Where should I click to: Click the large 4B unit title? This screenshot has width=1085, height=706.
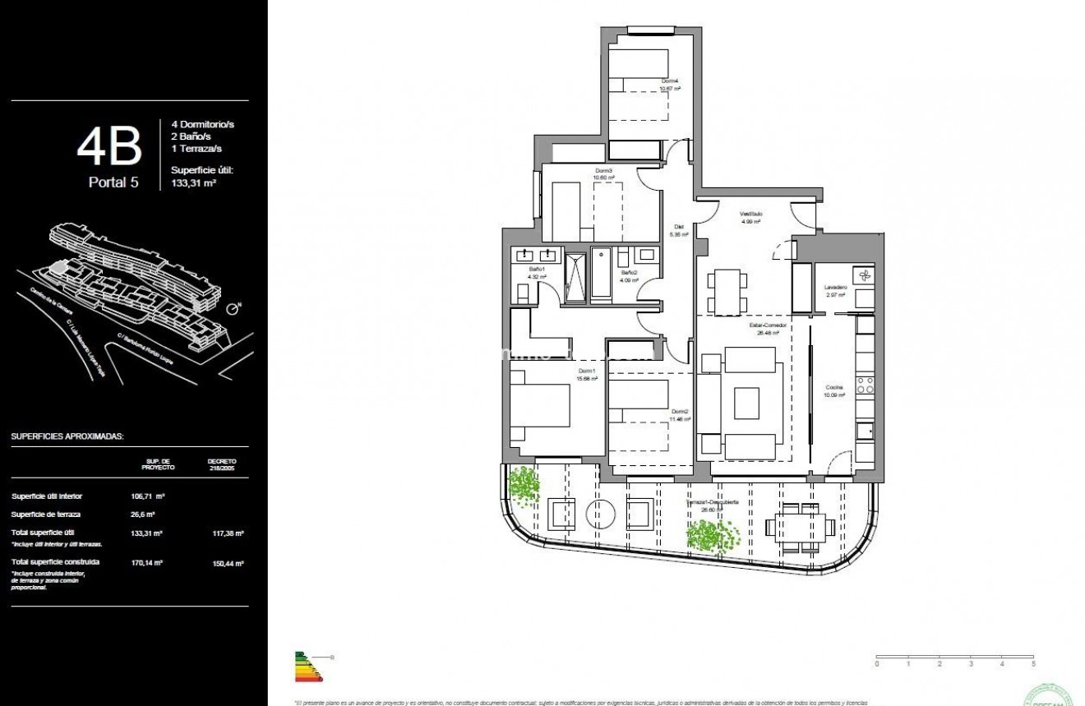tap(109, 148)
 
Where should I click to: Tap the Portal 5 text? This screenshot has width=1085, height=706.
tap(113, 182)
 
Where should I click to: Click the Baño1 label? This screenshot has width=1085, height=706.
tap(535, 273)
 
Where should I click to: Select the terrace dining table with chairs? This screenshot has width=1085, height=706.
tap(801, 527)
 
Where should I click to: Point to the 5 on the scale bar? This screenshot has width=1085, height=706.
tap(1033, 662)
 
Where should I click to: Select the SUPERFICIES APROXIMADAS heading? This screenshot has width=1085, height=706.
tap(67, 436)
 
